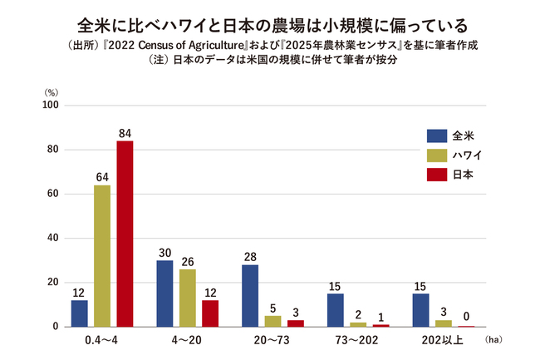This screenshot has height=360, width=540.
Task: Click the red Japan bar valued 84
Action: click(x=125, y=234)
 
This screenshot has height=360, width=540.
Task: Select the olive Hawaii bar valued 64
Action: click(x=102, y=256)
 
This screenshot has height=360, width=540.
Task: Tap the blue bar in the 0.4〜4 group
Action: click(x=80, y=313)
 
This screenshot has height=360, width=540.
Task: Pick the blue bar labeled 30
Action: click(x=164, y=293)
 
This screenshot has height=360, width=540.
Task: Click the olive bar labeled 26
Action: click(x=188, y=298)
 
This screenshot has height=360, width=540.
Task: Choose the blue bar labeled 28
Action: click(x=250, y=296)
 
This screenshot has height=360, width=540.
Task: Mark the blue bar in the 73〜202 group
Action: click(x=336, y=310)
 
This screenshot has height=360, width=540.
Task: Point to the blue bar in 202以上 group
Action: click(x=421, y=310)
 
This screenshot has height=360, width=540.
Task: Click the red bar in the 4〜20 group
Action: click(x=210, y=313)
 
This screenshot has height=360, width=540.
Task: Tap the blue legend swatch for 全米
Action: click(x=437, y=136)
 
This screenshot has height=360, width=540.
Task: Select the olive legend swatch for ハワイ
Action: click(x=437, y=155)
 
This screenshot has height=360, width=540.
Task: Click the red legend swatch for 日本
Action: click(x=437, y=175)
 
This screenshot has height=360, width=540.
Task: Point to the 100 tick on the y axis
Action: click(x=51, y=105)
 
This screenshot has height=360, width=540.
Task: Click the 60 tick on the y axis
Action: click(x=53, y=194)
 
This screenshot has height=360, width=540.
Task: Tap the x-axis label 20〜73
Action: click(x=272, y=340)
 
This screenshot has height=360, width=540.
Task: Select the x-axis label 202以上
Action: click(x=443, y=340)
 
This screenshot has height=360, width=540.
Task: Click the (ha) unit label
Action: click(x=493, y=340)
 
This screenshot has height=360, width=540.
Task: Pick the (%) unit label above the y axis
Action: click(x=52, y=92)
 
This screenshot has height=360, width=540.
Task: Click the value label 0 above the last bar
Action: click(x=466, y=316)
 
